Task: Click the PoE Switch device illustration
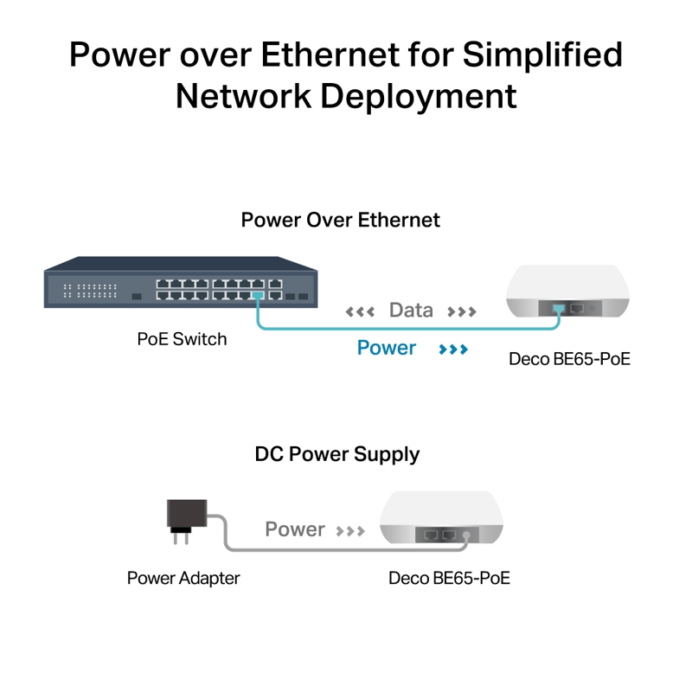tap(181, 282)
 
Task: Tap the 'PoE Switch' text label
tap(182, 339)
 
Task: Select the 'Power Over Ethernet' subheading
tap(340, 220)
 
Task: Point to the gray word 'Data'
tap(411, 311)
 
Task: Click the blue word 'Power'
tap(387, 349)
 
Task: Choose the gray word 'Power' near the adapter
tap(295, 529)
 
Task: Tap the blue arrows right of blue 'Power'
tap(453, 349)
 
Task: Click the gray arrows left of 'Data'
tap(360, 311)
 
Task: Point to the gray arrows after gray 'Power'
tap(350, 530)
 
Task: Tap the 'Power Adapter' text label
tap(183, 578)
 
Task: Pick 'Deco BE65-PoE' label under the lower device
tap(449, 578)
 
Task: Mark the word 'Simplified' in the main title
tap(541, 54)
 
